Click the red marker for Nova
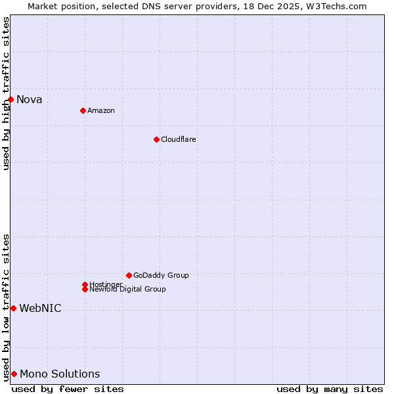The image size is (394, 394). (x=11, y=99)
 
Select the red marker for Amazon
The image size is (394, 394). (x=83, y=110)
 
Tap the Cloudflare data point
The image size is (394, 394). (x=156, y=139)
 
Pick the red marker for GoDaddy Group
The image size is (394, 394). (x=129, y=275)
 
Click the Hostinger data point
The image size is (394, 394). (x=85, y=284)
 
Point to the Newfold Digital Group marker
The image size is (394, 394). (x=85, y=289)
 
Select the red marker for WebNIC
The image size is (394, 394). (x=13, y=308)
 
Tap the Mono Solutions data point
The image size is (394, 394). (x=14, y=374)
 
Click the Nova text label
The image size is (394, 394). (x=29, y=100)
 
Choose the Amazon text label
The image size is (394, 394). (x=101, y=110)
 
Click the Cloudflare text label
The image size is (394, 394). (x=179, y=139)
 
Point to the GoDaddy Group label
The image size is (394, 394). (x=161, y=275)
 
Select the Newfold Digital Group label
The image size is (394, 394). (x=127, y=289)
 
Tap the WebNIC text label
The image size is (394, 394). (x=40, y=309)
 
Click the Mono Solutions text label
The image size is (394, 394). (x=60, y=374)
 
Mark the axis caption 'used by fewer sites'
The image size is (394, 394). (x=68, y=389)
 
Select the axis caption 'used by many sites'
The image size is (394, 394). (x=330, y=389)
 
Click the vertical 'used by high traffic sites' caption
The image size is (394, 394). (x=6, y=93)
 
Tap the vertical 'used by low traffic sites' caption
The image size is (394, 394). (x=6, y=307)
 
